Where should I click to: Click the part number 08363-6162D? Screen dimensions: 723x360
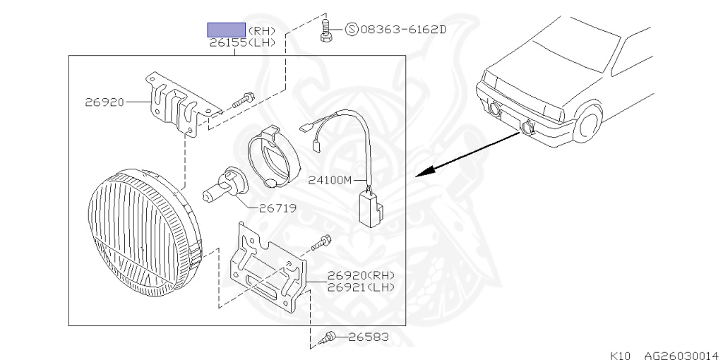403,30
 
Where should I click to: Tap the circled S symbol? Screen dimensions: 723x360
352,30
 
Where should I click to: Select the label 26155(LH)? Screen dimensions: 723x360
241,43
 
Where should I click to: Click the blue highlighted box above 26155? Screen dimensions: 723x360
226,30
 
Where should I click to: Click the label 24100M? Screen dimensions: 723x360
330,180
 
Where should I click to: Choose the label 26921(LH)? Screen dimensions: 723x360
361,287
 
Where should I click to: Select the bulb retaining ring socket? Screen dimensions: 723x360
273,157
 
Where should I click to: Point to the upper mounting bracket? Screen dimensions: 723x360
177,104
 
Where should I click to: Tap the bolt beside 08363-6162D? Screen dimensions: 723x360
325,31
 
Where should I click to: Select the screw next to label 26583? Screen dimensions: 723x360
329,338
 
